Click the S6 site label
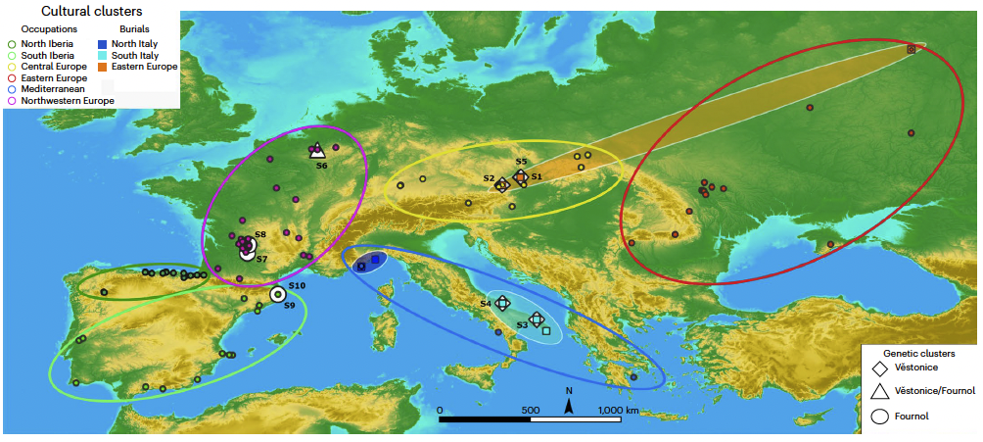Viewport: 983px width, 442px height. [321, 166]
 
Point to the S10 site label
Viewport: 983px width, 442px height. [297, 285]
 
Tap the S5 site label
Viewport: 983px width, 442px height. [521, 161]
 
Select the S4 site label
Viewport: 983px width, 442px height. [485, 305]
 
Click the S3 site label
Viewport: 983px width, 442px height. [522, 324]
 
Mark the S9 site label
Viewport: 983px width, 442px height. [290, 307]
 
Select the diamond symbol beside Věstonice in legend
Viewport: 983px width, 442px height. [879, 368]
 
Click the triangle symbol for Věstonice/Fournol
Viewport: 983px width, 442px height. [879, 391]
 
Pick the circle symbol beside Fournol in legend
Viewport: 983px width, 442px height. [879, 416]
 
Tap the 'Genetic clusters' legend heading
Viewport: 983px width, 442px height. [918, 351]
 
